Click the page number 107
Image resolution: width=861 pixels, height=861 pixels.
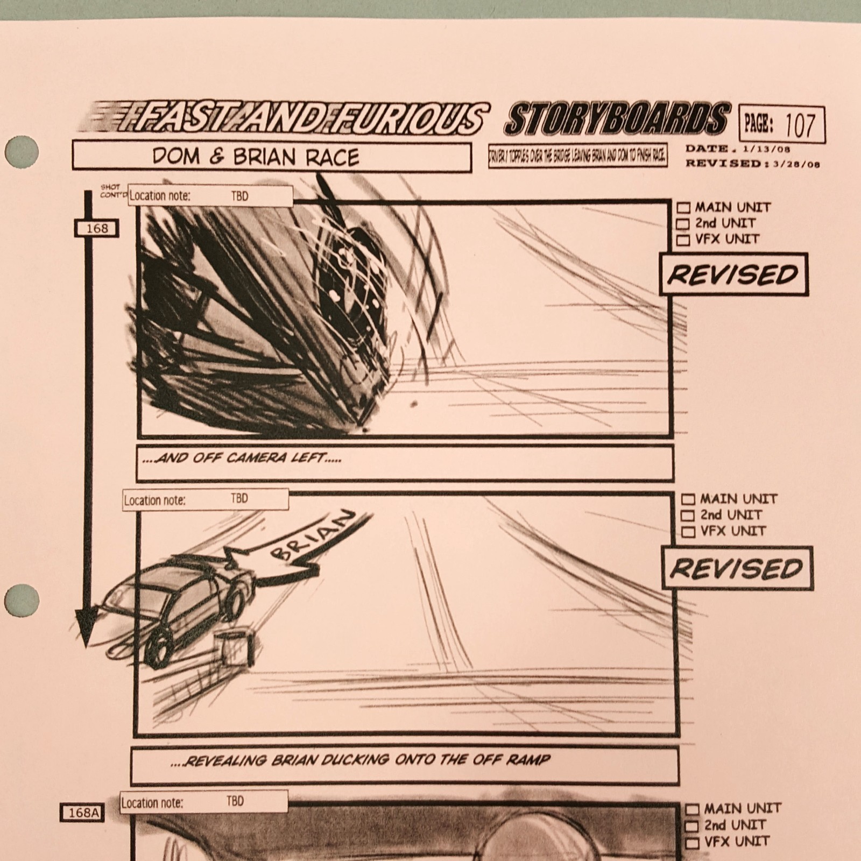(800, 124)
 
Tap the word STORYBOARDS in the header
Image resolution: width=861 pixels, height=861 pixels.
(617, 118)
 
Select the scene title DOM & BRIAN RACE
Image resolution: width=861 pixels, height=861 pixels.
(255, 157)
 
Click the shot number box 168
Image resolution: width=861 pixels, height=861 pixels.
(97, 228)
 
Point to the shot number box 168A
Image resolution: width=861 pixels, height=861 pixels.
(82, 813)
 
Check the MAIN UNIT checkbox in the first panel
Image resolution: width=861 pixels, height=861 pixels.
(683, 208)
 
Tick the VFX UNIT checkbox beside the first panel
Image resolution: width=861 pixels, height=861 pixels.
(683, 239)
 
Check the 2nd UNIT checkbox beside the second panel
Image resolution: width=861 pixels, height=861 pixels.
(687, 516)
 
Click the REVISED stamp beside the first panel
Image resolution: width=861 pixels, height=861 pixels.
(733, 274)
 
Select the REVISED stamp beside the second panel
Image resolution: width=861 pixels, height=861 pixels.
(737, 568)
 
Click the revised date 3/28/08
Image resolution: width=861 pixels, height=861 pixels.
(796, 164)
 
